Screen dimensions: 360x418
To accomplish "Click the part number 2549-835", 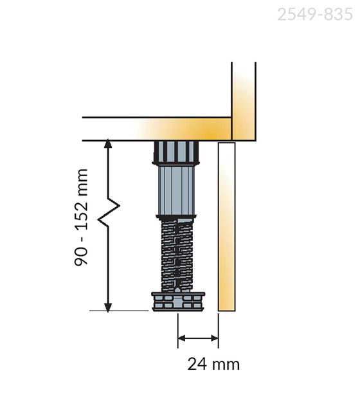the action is (x=315, y=14).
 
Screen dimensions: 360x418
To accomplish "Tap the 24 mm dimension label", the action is (x=213, y=364).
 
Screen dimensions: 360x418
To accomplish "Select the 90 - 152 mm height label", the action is (x=81, y=217).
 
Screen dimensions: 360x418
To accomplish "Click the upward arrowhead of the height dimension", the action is (x=108, y=143).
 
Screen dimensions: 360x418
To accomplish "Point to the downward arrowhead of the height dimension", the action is (x=108, y=307).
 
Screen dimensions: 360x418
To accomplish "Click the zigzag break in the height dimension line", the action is (x=109, y=212).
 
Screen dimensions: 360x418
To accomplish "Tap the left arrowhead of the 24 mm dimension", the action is (x=181, y=338).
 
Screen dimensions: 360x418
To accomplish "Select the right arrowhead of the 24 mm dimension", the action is (x=215, y=338).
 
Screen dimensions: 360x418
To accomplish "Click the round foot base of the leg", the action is (x=178, y=302).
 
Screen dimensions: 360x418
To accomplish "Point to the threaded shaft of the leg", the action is (x=177, y=255).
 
